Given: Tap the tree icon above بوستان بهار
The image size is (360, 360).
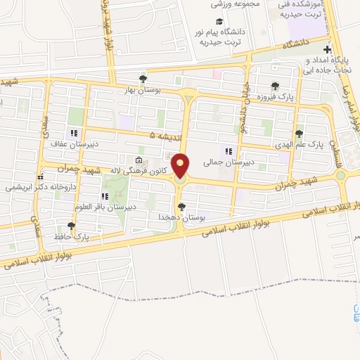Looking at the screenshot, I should (x=143, y=78).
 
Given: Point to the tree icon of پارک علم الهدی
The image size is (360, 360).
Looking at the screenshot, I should (x=300, y=133).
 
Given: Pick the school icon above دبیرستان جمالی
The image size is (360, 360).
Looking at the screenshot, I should (x=227, y=151).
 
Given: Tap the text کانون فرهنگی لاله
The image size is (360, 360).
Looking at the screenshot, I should (x=143, y=171).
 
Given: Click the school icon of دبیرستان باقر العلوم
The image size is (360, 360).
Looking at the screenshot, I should (x=105, y=196).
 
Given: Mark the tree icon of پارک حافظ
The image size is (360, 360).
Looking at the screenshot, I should (x=70, y=226).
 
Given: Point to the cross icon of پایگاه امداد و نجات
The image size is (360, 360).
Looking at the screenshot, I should (x=326, y=49).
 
